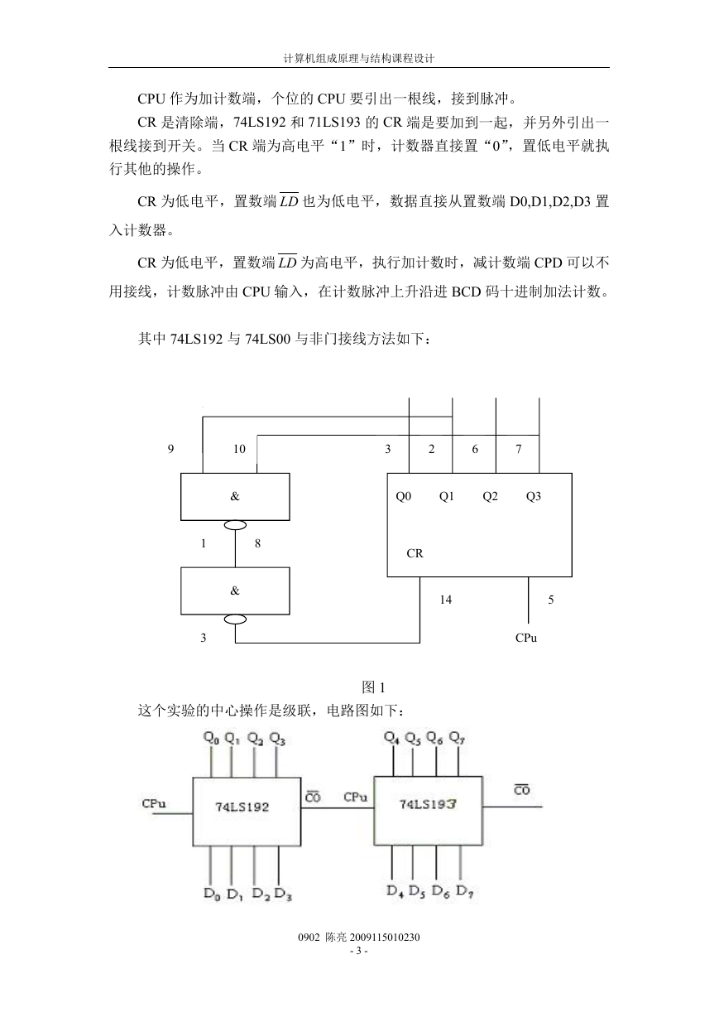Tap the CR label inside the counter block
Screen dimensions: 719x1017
tap(415, 553)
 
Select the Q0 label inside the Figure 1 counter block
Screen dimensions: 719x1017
tap(403, 496)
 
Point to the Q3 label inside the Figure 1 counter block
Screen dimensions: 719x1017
tap(534, 496)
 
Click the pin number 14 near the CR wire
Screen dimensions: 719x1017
tap(445, 600)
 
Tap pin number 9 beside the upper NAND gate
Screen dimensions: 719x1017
tap(170, 449)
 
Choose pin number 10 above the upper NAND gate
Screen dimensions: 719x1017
tap(239, 449)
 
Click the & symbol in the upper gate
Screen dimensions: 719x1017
tap(234, 496)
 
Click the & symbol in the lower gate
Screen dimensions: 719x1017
tap(234, 590)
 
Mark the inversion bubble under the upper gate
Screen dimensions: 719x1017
tap(236, 525)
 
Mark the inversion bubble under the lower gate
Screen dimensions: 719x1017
tap(236, 619)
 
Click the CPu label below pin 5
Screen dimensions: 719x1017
tap(525, 638)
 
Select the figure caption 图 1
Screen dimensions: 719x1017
tap(373, 687)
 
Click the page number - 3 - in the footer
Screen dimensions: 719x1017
tap(359, 951)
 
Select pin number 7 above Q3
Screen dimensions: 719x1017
tap(519, 449)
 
